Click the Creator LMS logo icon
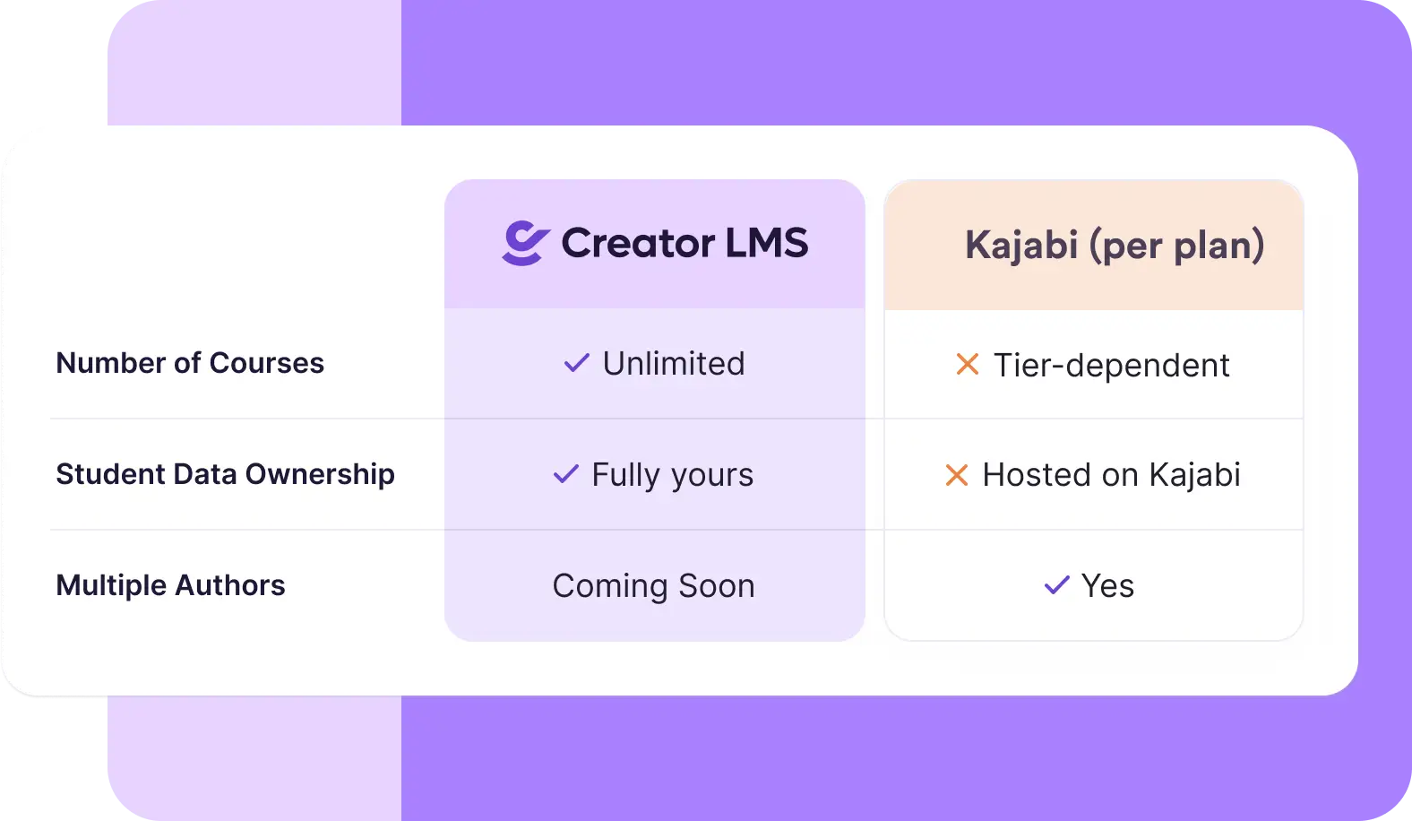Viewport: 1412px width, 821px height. (525, 243)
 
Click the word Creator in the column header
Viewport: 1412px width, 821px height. (638, 243)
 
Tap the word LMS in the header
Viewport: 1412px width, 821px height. (766, 243)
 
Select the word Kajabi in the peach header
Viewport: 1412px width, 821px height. (1021, 245)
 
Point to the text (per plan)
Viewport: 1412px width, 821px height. (1176, 246)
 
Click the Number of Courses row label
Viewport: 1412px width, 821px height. (190, 363)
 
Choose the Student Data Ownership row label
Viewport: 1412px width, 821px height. (225, 474)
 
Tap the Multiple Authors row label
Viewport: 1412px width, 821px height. (170, 585)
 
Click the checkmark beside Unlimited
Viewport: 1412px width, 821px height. (577, 363)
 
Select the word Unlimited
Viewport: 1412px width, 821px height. (674, 363)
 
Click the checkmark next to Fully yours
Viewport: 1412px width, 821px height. (566, 474)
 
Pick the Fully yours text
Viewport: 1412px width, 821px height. (673, 475)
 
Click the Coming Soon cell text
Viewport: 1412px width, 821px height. (654, 585)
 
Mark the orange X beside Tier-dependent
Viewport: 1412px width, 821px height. (968, 365)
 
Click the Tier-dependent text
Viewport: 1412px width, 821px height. (1112, 365)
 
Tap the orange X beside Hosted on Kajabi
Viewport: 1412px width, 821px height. (957, 475)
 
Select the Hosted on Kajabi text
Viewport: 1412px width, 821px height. (1112, 475)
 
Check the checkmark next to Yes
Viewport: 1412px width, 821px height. (1057, 585)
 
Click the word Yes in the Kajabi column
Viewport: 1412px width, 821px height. (1108, 585)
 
